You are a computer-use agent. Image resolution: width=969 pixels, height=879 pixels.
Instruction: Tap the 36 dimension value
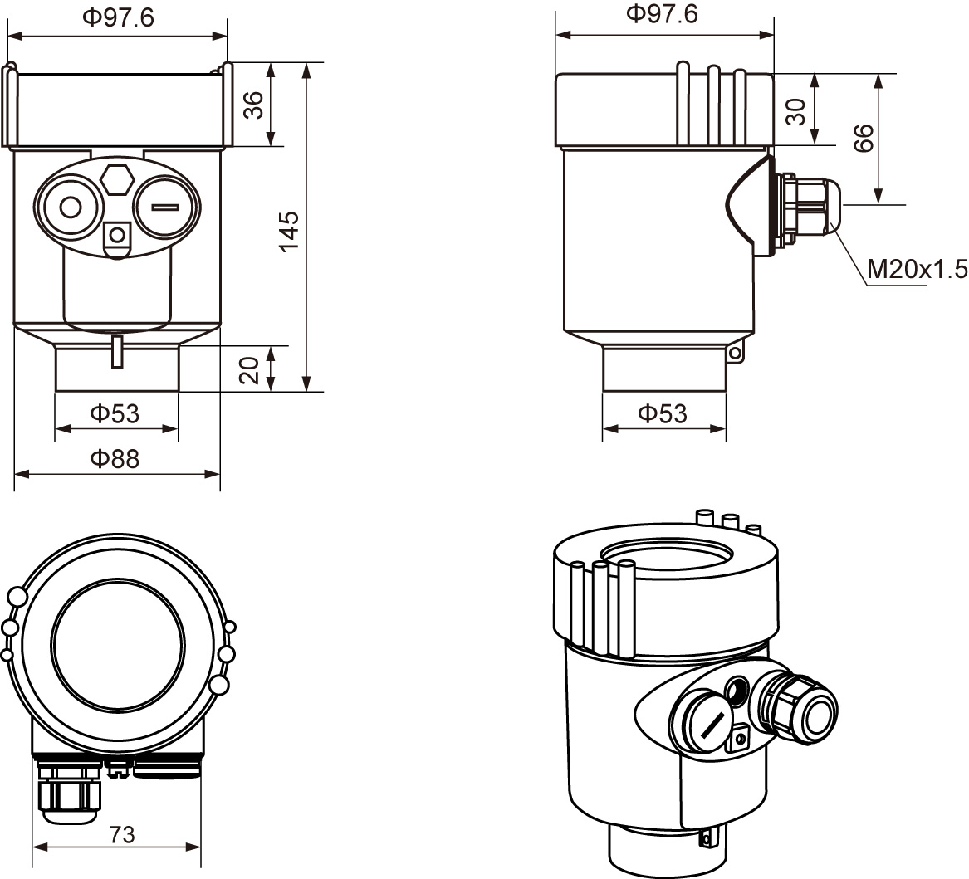[x=253, y=105]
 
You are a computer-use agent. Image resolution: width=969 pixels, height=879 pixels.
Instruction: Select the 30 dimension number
[x=795, y=110]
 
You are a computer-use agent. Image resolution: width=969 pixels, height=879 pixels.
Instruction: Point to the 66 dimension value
[x=864, y=138]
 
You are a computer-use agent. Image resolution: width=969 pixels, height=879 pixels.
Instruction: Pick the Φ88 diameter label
[x=115, y=457]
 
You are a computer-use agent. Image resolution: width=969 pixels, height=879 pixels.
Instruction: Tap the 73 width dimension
[x=122, y=834]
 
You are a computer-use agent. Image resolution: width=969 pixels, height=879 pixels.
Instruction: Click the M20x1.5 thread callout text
[x=917, y=269]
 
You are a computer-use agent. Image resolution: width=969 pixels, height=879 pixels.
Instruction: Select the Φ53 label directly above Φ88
[x=115, y=413]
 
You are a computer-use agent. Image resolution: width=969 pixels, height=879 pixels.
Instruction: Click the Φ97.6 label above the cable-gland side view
[x=663, y=14]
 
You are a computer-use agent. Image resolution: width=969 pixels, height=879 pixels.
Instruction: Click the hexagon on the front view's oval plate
[x=116, y=178]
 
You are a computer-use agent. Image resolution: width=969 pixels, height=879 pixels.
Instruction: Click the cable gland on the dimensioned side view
[x=810, y=208]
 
